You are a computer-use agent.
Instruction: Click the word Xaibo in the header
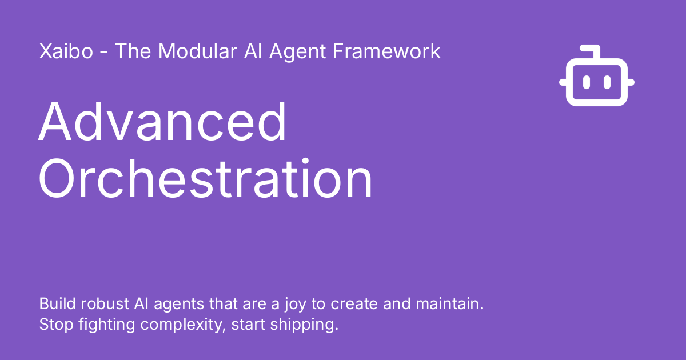pyautogui.click(x=66, y=51)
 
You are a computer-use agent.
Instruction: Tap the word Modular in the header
pyautogui.click(x=198, y=51)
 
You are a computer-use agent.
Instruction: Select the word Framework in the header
pyautogui.click(x=386, y=51)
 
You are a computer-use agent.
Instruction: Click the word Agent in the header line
pyautogui.click(x=297, y=53)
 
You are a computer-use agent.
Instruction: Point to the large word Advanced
pyautogui.click(x=162, y=122)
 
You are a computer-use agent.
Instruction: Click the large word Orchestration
pyautogui.click(x=205, y=179)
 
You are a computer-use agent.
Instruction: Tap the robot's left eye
pyautogui.click(x=586, y=82)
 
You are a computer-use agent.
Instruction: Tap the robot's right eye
pyautogui.click(x=607, y=82)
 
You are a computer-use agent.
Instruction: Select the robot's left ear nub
pyautogui.click(x=563, y=82)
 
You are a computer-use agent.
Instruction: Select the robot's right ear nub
pyautogui.click(x=631, y=82)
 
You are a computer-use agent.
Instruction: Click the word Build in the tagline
pyautogui.click(x=57, y=303)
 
